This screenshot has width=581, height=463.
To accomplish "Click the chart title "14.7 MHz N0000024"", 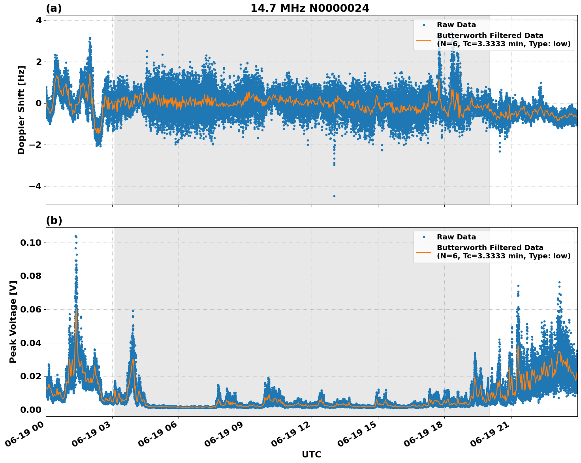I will (310, 8).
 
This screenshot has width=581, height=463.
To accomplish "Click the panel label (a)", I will (54, 8).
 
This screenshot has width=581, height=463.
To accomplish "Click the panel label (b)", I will (54, 220).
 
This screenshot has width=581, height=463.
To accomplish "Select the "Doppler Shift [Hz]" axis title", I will (21, 110).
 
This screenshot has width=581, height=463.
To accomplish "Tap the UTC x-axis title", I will (311, 455).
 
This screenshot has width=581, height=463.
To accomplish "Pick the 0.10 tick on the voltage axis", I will (30, 243).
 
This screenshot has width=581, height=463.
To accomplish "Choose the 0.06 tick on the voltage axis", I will (30, 309).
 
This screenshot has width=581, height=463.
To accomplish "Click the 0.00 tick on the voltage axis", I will (30, 410).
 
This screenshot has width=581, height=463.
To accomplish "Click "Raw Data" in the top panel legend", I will (456, 25).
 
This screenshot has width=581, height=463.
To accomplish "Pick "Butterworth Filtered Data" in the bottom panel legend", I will (490, 248).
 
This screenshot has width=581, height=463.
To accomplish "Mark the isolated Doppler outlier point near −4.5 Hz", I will (334, 196).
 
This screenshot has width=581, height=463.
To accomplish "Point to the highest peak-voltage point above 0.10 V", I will (75, 236).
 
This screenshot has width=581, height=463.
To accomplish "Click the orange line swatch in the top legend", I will (423, 40).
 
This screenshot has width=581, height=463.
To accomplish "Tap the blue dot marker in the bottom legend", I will (423, 237).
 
